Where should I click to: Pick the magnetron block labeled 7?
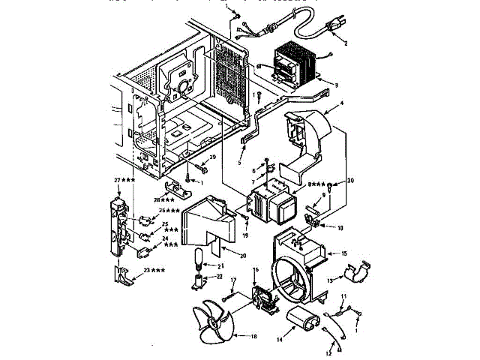pos(272,199)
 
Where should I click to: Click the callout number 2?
pos(346,43)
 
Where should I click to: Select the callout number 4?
pos(340,103)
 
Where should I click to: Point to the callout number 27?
pos(118,181)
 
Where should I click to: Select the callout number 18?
pos(253,337)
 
